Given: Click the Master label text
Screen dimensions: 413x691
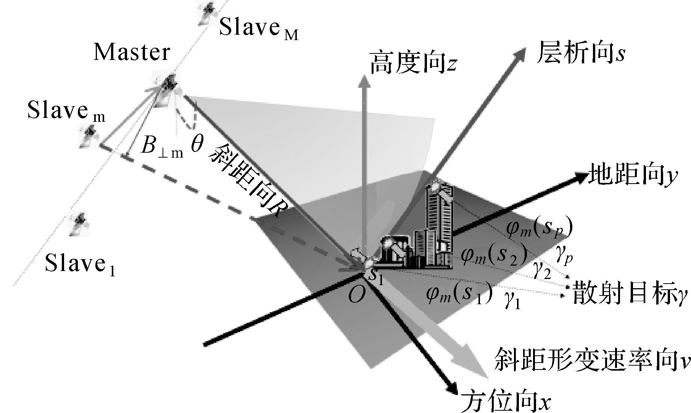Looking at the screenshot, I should (x=132, y=52).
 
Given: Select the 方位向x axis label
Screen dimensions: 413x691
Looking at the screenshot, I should (x=506, y=400).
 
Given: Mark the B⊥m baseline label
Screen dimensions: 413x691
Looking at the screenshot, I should (x=162, y=147).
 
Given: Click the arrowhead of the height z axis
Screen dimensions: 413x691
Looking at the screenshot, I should (x=364, y=82).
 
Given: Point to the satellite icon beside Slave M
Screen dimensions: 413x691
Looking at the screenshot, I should (x=207, y=12).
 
